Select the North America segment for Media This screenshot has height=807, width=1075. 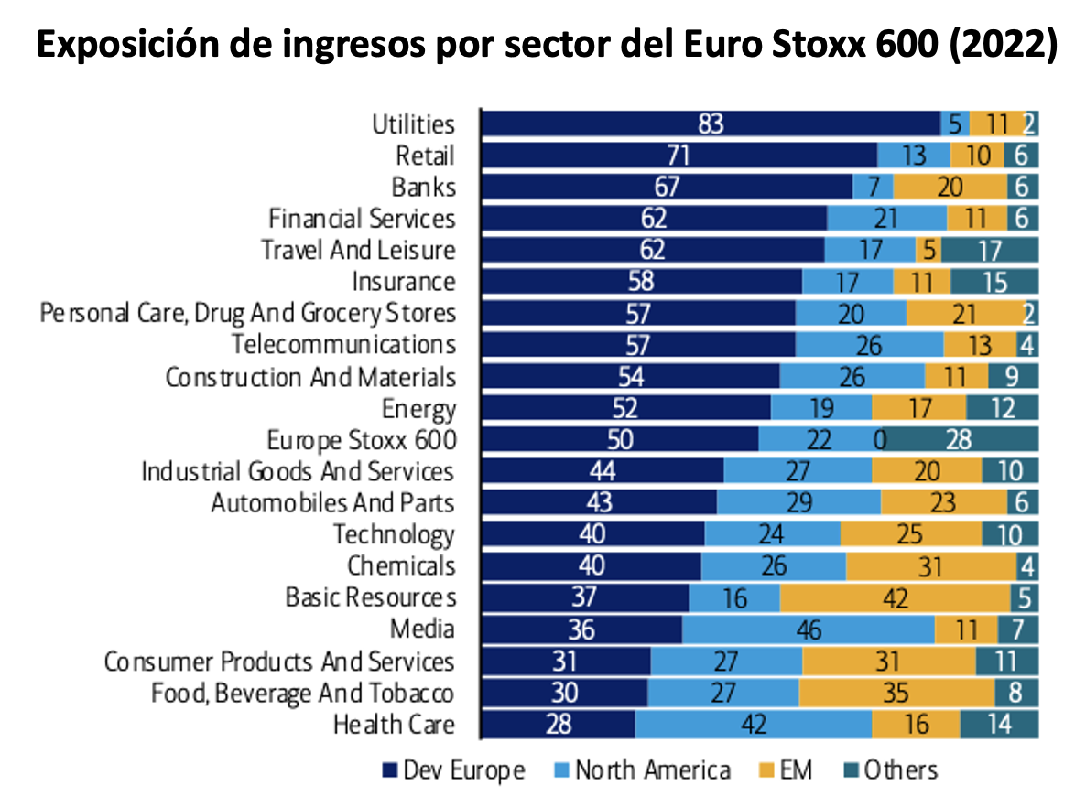coord(809,629)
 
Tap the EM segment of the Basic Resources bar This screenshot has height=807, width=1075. coord(895,598)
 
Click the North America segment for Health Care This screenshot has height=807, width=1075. coord(753,725)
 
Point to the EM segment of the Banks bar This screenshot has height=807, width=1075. coord(950,188)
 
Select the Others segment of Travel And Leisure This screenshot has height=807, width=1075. coord(990,250)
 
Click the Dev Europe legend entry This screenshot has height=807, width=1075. coord(453,770)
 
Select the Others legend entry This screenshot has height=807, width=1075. coord(890,770)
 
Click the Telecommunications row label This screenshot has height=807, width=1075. coord(343,345)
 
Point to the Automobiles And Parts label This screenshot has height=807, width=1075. coord(332,503)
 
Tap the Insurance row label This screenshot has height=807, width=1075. coord(403,282)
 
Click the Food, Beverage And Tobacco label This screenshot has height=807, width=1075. coord(303,694)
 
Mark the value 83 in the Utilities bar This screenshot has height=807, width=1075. coord(711,124)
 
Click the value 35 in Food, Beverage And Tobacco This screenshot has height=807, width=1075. coord(896,694)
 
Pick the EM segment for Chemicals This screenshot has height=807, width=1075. coord(930,566)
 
